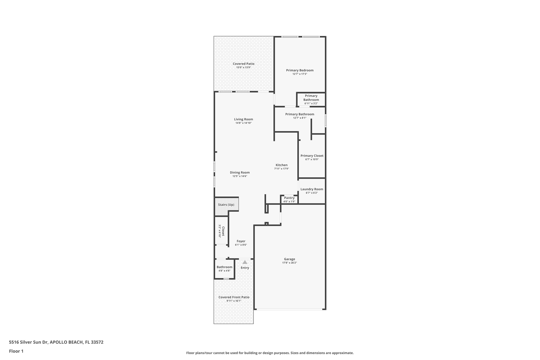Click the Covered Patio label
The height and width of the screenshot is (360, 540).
(x=243, y=64)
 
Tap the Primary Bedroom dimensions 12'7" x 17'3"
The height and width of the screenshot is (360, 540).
(x=300, y=74)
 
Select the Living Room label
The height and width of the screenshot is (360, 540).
(x=243, y=119)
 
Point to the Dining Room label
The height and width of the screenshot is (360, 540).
(x=240, y=172)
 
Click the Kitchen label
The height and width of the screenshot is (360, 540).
(x=282, y=165)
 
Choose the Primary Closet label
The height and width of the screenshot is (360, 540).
(x=312, y=156)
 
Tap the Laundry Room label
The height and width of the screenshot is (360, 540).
(x=312, y=189)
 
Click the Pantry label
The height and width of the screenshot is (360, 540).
(x=289, y=198)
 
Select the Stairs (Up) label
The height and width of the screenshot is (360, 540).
(x=226, y=205)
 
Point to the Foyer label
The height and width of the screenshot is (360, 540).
(x=241, y=241)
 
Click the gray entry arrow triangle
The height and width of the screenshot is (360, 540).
(x=245, y=262)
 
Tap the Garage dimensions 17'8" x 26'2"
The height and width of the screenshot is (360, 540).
(x=290, y=263)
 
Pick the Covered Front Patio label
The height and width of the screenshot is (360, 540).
(x=234, y=297)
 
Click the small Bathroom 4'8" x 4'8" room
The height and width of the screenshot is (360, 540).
(x=224, y=269)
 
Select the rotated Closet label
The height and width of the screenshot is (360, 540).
(x=223, y=231)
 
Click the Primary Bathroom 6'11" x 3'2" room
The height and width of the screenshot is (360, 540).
(x=311, y=99)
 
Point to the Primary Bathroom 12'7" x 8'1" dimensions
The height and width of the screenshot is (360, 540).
(x=300, y=118)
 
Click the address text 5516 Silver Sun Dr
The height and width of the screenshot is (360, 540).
(x=28, y=342)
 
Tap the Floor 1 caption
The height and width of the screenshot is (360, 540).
(x=16, y=351)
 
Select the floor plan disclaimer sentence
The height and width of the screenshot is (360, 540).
(x=270, y=353)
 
